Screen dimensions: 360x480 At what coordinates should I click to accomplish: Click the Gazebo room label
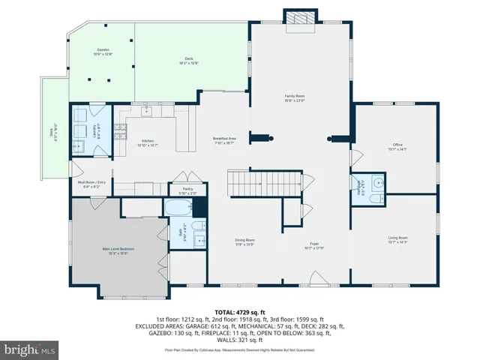tap(102, 52)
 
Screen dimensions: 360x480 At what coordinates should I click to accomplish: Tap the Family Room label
tap(294, 97)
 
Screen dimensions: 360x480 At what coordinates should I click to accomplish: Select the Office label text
tap(397, 146)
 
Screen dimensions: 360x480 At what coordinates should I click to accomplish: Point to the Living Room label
tap(397, 239)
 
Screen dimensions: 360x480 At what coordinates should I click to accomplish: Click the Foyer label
tap(314, 245)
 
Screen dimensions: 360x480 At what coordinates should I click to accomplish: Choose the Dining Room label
tap(245, 242)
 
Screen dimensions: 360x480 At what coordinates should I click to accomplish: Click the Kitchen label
tap(148, 143)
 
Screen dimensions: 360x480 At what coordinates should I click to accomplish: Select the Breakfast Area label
tap(225, 140)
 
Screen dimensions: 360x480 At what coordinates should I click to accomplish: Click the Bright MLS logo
tap(30, 349)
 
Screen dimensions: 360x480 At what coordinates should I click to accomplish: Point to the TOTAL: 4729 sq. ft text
tap(240, 311)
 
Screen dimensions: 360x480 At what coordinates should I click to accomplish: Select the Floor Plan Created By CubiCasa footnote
tap(240, 350)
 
